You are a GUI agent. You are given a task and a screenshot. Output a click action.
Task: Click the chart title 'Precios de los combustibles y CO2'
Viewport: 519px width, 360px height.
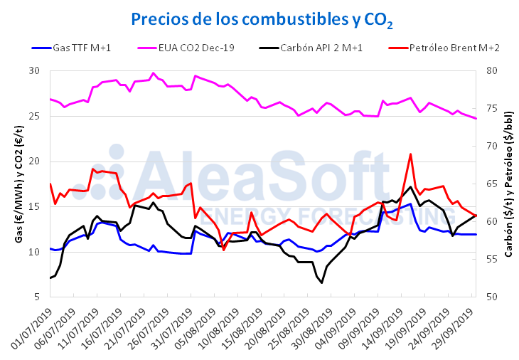click(262, 19)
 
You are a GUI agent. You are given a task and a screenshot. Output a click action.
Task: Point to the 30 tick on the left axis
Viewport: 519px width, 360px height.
click(35, 71)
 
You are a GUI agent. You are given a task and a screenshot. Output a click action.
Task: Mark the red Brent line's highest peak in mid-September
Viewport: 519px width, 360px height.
click(410, 154)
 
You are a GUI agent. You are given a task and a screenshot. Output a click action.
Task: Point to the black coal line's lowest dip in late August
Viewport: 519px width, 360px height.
click(321, 282)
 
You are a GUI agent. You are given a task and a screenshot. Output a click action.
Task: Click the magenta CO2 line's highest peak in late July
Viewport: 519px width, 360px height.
click(153, 73)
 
